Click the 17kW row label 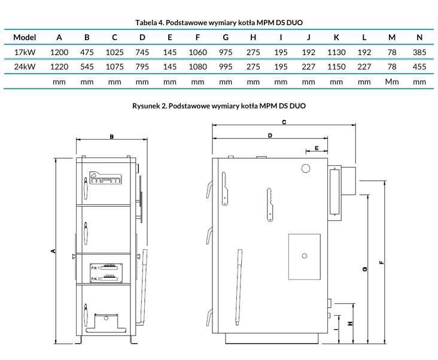[x=25, y=52]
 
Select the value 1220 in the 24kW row [x=59, y=66]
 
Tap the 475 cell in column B [x=87, y=52]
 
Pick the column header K [x=336, y=37]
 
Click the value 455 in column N [x=419, y=66]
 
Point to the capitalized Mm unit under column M [x=392, y=81]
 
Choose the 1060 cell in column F [x=198, y=52]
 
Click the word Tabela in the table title [x=146, y=23]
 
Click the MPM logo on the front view [x=106, y=177]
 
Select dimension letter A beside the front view [x=53, y=251]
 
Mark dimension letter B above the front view [x=112, y=137]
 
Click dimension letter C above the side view [x=284, y=122]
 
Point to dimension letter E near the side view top [x=317, y=148]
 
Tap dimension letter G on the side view [x=364, y=269]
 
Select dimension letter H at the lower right [x=350, y=323]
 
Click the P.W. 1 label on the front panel [x=95, y=268]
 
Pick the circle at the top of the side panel [x=306, y=168]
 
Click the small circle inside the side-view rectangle [x=305, y=256]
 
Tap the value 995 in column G [x=226, y=66]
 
